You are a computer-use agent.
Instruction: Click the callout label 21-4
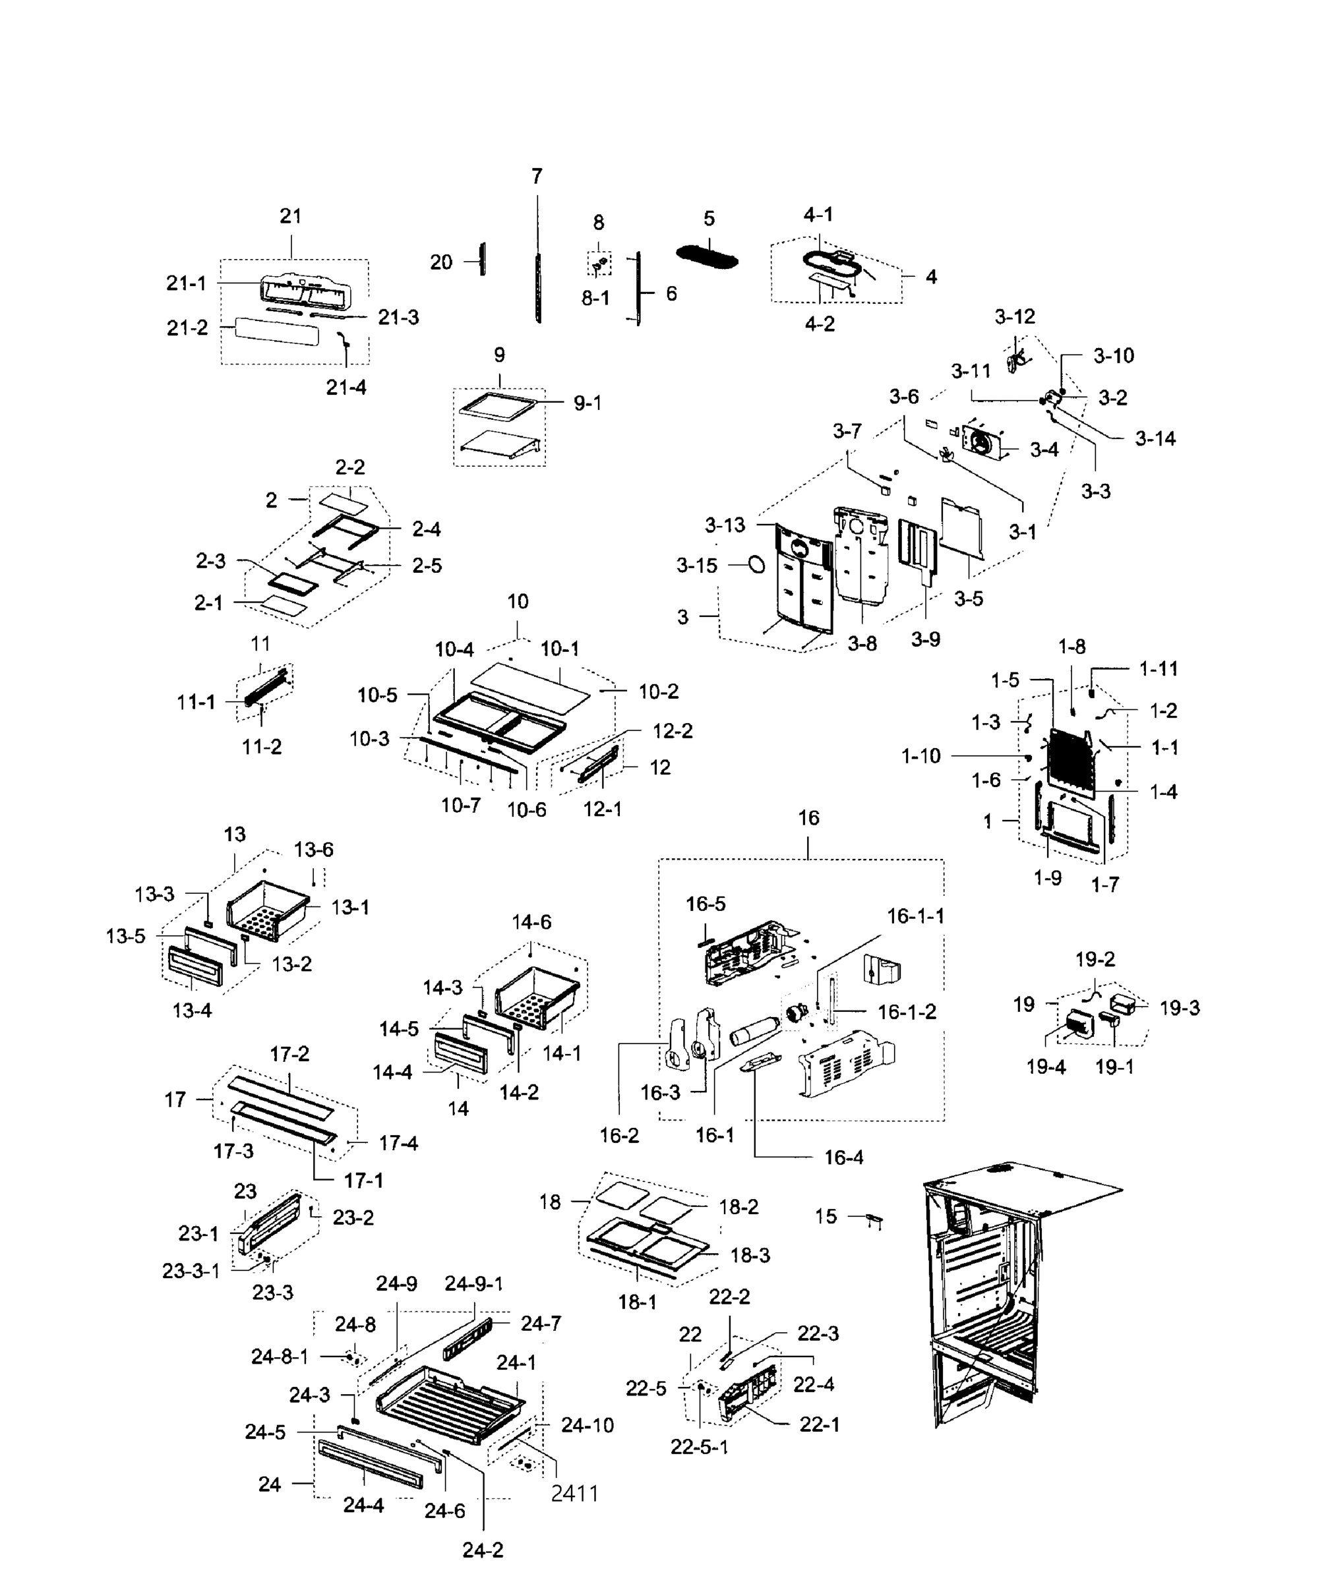pyautogui.click(x=346, y=387)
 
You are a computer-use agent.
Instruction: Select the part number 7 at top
pyautogui.click(x=537, y=176)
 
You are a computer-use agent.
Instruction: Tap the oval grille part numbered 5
pyautogui.click(x=707, y=256)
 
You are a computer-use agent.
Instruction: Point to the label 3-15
pyautogui.click(x=696, y=566)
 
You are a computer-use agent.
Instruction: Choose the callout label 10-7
pyautogui.click(x=460, y=806)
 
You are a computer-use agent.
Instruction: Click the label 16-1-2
pyautogui.click(x=907, y=1012)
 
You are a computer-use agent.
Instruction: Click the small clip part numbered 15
pyautogui.click(x=873, y=1218)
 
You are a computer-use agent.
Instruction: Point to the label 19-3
pyautogui.click(x=1179, y=1008)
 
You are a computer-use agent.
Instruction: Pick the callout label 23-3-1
pyautogui.click(x=191, y=1272)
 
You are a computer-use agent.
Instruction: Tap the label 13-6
pyautogui.click(x=313, y=850)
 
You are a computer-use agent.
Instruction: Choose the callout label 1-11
pyautogui.click(x=1158, y=668)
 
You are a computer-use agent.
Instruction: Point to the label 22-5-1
pyautogui.click(x=699, y=1447)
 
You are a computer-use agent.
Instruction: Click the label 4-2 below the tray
pyautogui.click(x=820, y=324)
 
